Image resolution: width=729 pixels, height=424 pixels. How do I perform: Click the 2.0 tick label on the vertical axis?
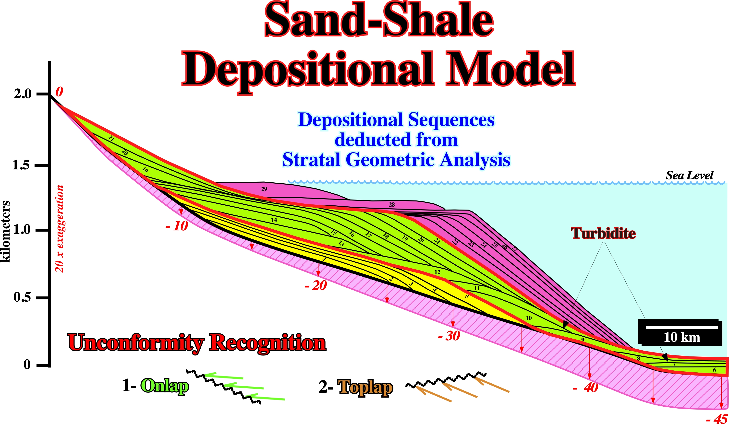(23, 94)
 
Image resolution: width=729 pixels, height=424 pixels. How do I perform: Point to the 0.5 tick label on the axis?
(22, 297)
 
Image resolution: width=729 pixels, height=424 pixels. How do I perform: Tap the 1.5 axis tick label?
(21, 165)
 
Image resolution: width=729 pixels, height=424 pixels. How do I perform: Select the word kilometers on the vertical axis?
(5, 232)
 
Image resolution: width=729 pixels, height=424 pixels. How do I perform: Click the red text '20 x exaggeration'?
(59, 229)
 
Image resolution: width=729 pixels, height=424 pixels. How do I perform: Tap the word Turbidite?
(603, 233)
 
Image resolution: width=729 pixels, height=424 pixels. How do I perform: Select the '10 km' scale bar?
(680, 332)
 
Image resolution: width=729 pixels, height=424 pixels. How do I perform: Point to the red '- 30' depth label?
(449, 336)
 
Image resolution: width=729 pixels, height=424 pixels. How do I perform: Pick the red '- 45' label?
(717, 419)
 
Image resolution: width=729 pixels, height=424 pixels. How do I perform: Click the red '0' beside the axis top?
(59, 92)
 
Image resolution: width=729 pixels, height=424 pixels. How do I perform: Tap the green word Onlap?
(165, 386)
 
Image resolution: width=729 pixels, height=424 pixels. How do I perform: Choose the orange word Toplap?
(365, 388)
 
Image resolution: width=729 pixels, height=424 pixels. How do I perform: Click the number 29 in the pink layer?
(264, 189)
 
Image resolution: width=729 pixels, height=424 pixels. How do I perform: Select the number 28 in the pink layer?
(392, 205)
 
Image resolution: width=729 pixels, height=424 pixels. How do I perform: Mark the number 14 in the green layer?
(274, 220)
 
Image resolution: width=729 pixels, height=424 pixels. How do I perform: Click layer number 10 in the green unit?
(529, 318)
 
